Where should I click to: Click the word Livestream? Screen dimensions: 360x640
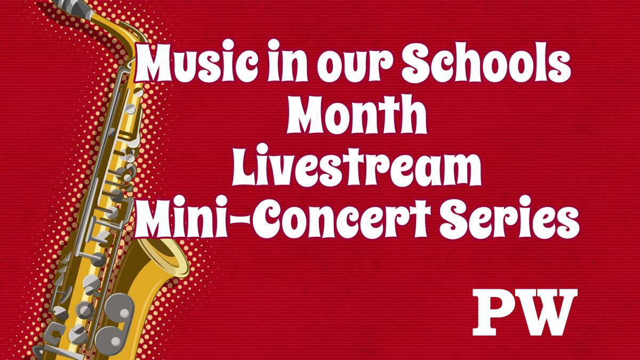click(356, 168)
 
